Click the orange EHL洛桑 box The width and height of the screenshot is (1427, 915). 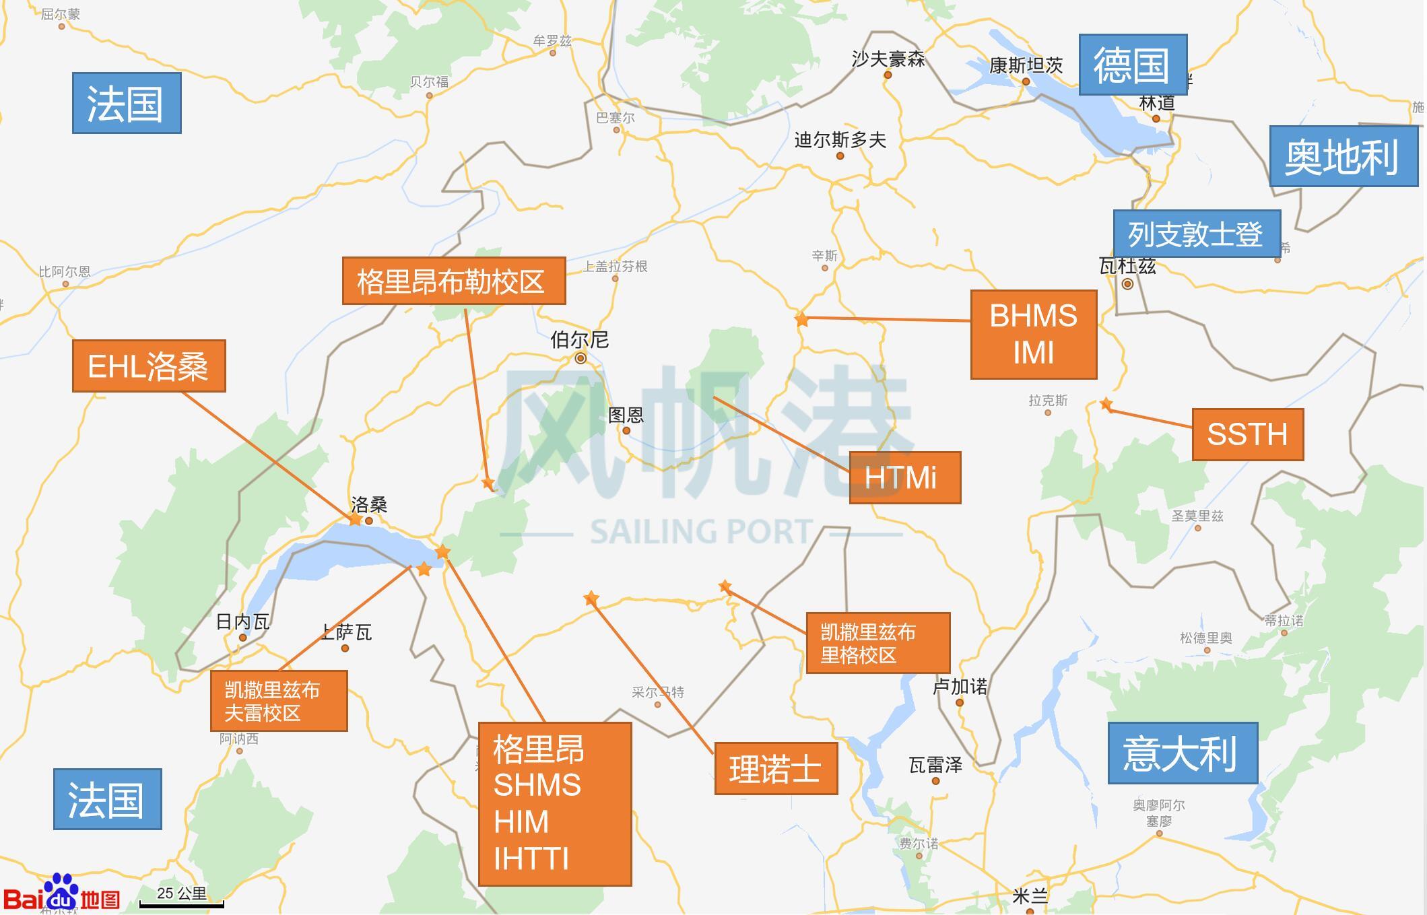149,366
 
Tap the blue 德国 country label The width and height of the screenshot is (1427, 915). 1132,65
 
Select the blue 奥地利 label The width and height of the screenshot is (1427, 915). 1343,156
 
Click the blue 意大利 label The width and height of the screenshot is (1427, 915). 1182,753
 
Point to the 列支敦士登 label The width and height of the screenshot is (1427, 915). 1196,234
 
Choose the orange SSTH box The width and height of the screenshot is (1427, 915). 1247,434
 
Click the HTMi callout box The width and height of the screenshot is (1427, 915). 904,477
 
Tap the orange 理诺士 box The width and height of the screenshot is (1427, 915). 775,768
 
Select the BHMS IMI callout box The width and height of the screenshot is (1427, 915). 1033,335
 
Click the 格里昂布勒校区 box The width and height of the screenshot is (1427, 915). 453,281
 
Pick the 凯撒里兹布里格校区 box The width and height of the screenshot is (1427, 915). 877,643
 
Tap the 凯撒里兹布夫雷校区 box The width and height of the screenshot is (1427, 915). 279,700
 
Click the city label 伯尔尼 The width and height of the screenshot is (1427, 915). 579,340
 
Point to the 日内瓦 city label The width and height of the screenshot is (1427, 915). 242,621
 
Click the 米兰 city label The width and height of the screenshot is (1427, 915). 1030,896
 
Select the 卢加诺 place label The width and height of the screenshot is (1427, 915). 959,687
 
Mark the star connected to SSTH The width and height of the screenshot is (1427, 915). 1106,404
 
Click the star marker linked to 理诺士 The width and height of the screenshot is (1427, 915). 591,598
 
